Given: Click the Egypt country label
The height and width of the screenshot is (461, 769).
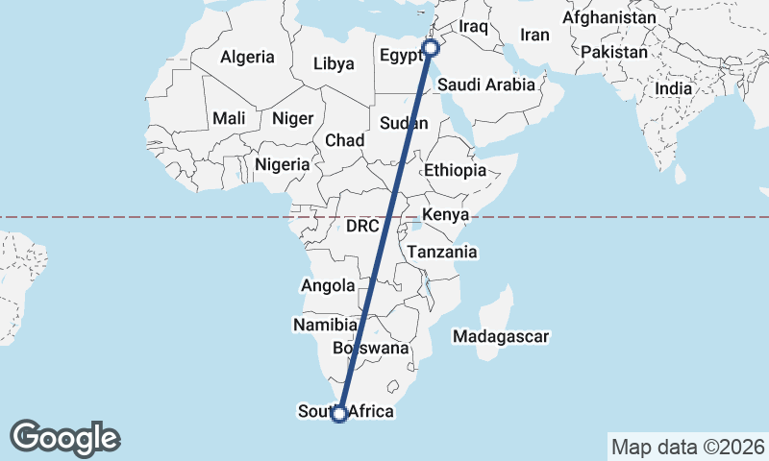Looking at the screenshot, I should [x=401, y=56].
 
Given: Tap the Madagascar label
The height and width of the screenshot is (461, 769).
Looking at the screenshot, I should [x=501, y=337].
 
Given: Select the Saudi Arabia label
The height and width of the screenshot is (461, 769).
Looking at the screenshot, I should [x=486, y=85].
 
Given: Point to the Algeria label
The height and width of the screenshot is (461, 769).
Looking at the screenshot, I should [x=248, y=58].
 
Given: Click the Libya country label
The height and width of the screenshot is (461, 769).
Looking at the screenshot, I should [x=335, y=64].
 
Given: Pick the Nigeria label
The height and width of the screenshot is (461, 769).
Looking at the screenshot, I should [x=283, y=164].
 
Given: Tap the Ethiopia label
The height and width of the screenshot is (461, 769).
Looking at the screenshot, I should [x=456, y=171].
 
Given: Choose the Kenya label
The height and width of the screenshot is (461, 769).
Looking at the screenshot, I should [x=444, y=214].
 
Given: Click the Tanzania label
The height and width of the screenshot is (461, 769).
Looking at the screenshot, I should [x=442, y=252].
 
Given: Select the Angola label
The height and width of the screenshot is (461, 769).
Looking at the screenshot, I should [x=329, y=286].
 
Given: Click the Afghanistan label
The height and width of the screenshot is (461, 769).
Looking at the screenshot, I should [x=608, y=18].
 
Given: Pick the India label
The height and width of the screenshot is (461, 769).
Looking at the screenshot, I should [x=673, y=88].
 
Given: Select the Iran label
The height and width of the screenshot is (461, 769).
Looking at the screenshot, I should [x=534, y=35].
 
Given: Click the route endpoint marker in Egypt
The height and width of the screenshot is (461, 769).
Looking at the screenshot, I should [x=432, y=47].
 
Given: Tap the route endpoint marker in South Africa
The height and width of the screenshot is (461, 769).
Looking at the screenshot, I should [x=338, y=414].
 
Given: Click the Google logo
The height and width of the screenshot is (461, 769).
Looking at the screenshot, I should [x=64, y=438].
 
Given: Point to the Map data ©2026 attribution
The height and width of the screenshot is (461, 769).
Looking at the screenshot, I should [x=687, y=447].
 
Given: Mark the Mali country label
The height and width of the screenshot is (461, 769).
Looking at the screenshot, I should [x=230, y=118].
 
